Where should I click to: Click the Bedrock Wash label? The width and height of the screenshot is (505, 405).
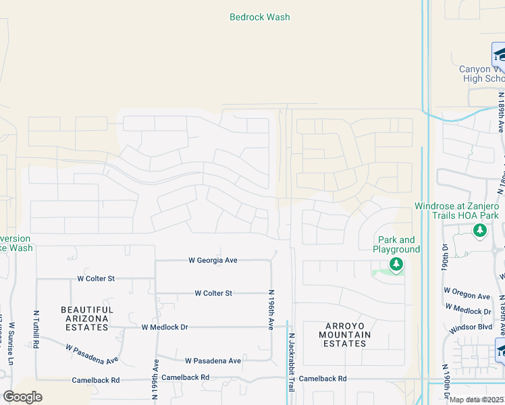pos(260,17)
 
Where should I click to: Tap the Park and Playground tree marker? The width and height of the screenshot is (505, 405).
pos(396,265)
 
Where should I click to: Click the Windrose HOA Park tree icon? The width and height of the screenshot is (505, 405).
pos(480,232)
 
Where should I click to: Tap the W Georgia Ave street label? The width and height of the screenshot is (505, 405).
pos(213,260)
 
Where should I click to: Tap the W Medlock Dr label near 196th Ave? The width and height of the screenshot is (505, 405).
pos(165,327)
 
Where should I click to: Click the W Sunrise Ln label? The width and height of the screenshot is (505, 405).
pos(12,344)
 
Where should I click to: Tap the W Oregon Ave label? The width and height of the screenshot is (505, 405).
pos(467,296)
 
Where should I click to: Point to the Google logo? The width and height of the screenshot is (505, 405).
pos(22,397)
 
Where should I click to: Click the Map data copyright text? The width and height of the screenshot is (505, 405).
pos(477,400)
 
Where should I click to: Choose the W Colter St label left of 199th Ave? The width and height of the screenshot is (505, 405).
pos(96,278)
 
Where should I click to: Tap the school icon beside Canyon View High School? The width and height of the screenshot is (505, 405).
pos(499,53)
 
